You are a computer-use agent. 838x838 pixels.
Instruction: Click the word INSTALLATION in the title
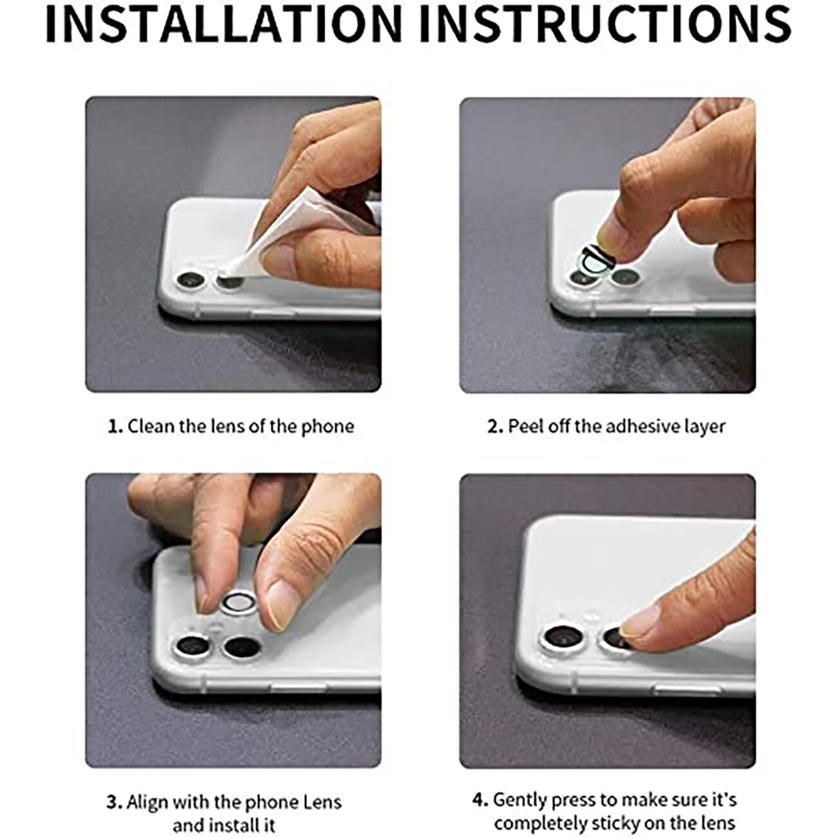pyautogui.click(x=223, y=24)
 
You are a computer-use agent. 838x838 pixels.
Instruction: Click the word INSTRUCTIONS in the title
pyautogui.click(x=605, y=24)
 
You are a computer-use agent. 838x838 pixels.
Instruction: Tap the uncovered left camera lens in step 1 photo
pyautogui.click(x=191, y=280)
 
